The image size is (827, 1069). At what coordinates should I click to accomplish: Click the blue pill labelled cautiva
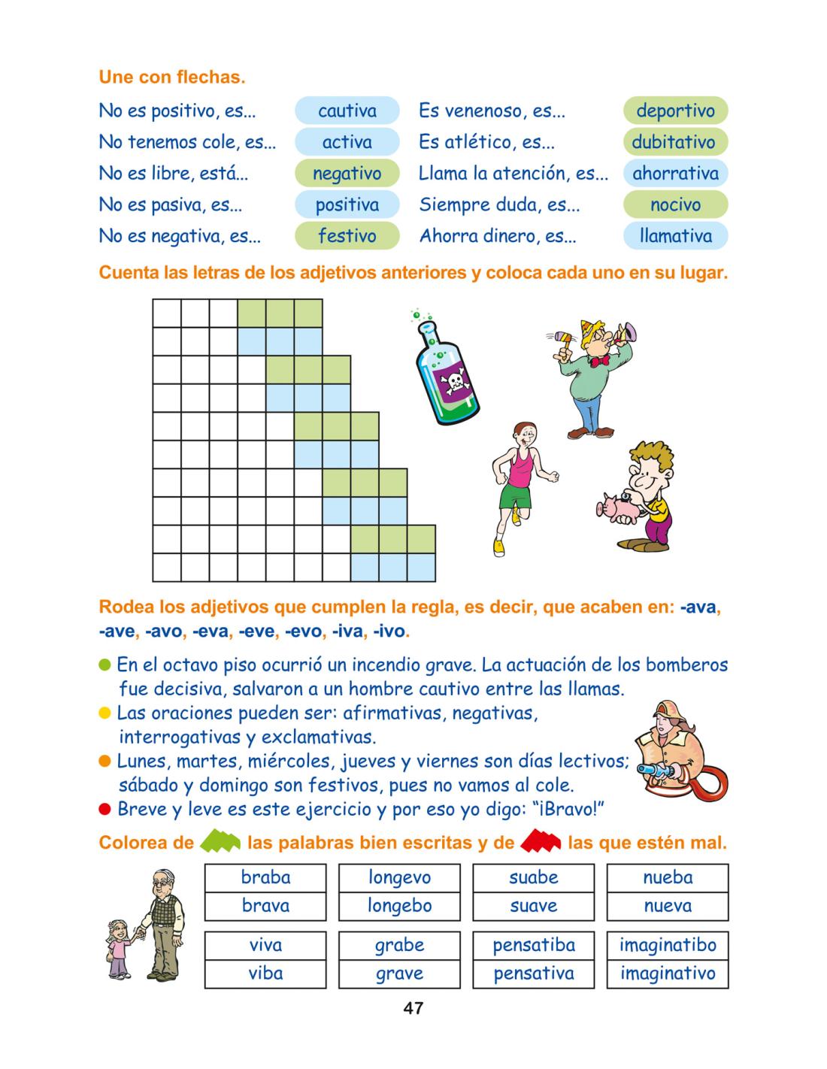(x=347, y=111)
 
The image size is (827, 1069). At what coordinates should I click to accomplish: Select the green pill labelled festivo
(x=347, y=236)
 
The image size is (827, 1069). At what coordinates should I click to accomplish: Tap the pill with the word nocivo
(x=675, y=204)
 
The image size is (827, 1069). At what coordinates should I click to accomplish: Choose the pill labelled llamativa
(x=675, y=236)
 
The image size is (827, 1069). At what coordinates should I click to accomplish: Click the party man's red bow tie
(x=599, y=361)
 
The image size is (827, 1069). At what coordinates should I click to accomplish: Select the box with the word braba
(x=265, y=877)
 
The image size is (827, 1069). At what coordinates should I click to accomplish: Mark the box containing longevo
(x=399, y=877)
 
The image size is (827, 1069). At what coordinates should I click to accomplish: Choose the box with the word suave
(x=533, y=906)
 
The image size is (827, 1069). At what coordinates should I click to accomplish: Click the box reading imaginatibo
(x=668, y=945)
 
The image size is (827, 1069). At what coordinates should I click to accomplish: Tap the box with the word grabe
(x=399, y=945)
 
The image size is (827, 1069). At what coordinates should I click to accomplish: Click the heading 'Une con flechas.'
(x=172, y=77)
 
